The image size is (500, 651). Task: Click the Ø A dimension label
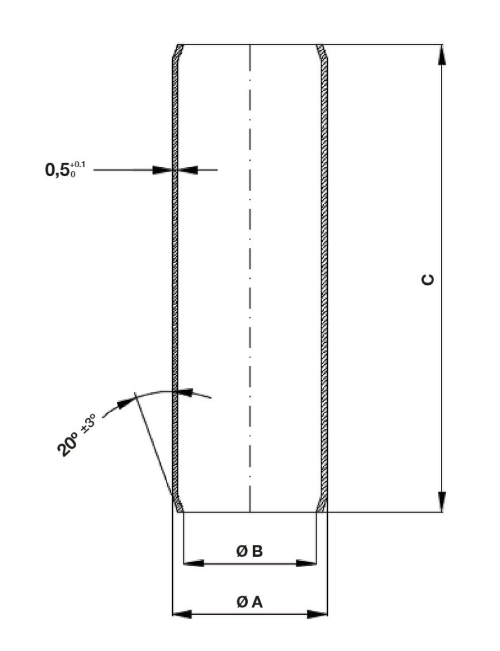pos(250,601)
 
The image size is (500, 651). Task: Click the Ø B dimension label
pos(250,551)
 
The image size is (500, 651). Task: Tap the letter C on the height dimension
pos(428,280)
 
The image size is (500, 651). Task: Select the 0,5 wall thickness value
pos(57,170)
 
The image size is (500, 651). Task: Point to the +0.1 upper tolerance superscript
pos(78,165)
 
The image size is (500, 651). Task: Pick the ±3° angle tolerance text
pos(89,423)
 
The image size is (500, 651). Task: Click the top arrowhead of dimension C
pos(442,55)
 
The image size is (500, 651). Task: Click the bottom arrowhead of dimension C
pos(442,502)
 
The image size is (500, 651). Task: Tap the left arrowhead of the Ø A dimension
pos(182,614)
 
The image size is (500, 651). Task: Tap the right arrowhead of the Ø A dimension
pos(318,614)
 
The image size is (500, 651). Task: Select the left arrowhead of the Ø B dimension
pos(193,563)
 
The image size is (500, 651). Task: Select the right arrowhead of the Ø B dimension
pos(306,563)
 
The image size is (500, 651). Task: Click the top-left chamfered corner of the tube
pos(179,51)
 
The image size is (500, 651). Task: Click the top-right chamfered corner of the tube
pos(321,51)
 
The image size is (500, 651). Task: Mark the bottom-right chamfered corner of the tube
pos(321,504)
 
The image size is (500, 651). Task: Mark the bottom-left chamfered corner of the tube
pos(179,504)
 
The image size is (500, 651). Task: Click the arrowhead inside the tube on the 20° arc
pos(186,392)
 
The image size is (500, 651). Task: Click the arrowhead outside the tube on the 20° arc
pos(125,403)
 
